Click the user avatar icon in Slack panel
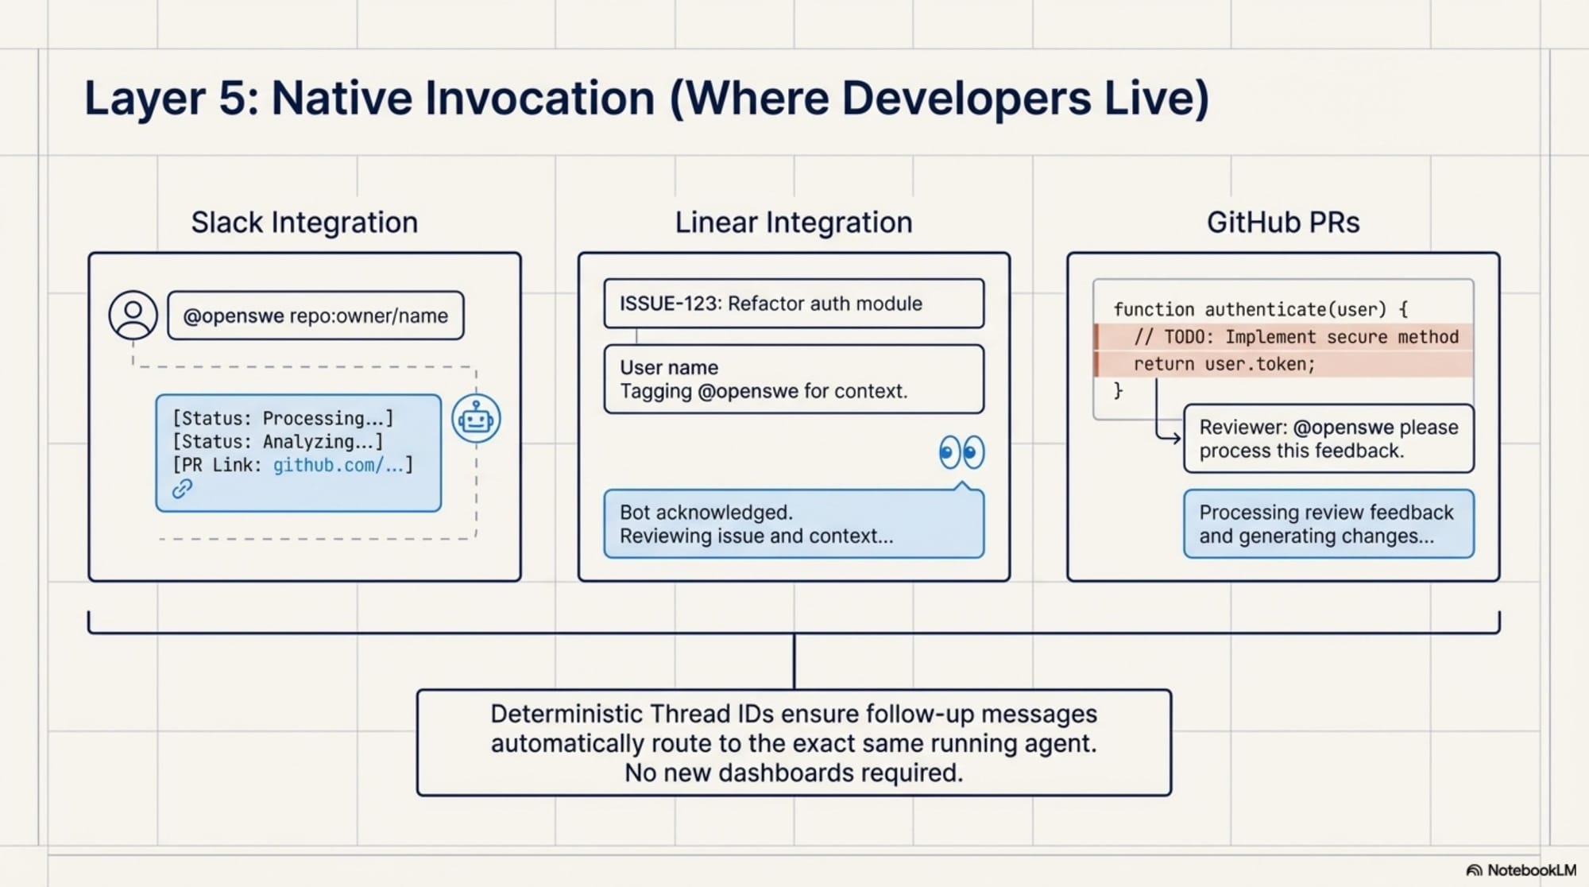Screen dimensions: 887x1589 pyautogui.click(x=133, y=316)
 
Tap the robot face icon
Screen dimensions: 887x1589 pyautogui.click(x=476, y=419)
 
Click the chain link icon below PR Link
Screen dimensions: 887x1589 pyautogui.click(x=183, y=489)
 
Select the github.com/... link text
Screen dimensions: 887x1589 pyautogui.click(x=338, y=465)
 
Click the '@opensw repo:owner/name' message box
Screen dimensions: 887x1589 pyautogui.click(x=315, y=316)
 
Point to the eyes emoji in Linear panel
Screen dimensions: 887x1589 pyautogui.click(x=961, y=453)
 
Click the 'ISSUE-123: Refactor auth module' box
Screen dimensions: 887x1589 pyautogui.click(x=793, y=304)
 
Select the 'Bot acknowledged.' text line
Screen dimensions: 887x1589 pyautogui.click(x=706, y=513)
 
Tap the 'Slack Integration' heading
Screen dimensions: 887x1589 pyautogui.click(x=304, y=223)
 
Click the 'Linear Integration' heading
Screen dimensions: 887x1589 pyautogui.click(x=793, y=223)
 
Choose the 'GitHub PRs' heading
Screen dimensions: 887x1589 pyautogui.click(x=1282, y=223)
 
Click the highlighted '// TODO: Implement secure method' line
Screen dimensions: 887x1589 pyautogui.click(x=1295, y=337)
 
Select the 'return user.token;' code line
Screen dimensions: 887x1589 pyautogui.click(x=1224, y=364)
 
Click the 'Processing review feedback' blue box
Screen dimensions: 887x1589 pyautogui.click(x=1328, y=524)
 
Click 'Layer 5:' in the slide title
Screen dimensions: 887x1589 pyautogui.click(x=172, y=99)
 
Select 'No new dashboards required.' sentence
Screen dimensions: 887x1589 pyautogui.click(x=793, y=773)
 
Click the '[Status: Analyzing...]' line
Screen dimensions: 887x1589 pyautogui.click(x=278, y=442)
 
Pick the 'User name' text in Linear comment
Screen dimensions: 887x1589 pyautogui.click(x=668, y=368)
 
